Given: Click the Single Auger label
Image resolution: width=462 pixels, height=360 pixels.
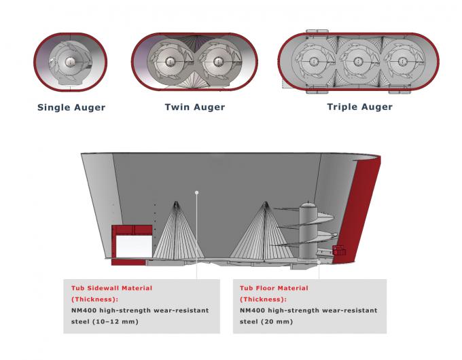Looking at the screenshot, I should pyautogui.click(x=71, y=107).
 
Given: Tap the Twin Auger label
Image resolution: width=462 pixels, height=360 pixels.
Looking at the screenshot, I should pyautogui.click(x=194, y=107).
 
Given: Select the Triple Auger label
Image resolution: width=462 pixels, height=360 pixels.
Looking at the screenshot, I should pyautogui.click(x=359, y=107).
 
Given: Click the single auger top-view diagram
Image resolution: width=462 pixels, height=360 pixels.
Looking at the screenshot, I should pyautogui.click(x=71, y=62).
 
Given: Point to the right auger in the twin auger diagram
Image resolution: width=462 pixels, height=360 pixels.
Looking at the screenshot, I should pyautogui.click(x=219, y=62).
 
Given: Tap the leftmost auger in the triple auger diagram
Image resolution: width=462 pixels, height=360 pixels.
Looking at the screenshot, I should pyautogui.click(x=313, y=62).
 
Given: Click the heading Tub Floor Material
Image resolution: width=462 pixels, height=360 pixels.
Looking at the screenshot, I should pyautogui.click(x=274, y=288).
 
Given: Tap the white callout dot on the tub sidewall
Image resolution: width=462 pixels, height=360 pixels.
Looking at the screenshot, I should pyautogui.click(x=196, y=192).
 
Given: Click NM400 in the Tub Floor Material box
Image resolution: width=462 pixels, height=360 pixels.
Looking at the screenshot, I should pyautogui.click(x=254, y=310).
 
